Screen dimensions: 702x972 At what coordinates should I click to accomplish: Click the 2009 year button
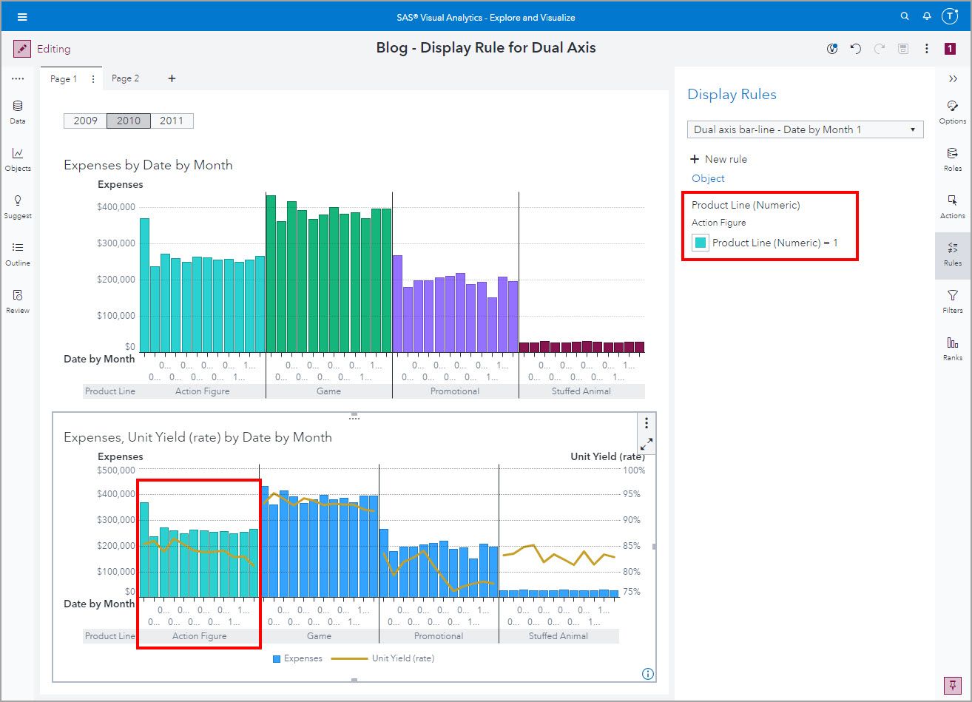coord(85,121)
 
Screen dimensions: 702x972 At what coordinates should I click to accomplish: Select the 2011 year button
coord(172,121)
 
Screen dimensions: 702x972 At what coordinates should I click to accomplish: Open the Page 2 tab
coord(125,78)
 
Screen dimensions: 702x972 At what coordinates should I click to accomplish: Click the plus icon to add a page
coord(172,78)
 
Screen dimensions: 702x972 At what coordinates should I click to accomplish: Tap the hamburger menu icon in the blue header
coord(22,17)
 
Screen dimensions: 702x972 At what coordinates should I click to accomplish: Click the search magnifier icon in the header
coord(905,16)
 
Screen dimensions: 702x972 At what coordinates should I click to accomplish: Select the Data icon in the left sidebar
coord(18,111)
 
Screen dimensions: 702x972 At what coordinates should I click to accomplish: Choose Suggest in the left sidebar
coord(18,206)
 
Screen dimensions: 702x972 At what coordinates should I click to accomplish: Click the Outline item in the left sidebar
coord(18,253)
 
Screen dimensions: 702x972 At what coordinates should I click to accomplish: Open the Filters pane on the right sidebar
coord(953,300)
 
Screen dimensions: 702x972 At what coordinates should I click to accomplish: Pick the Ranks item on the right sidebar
coord(953,348)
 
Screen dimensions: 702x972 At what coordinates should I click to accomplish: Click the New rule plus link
coord(718,159)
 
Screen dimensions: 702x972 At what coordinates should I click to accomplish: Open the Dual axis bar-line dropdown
coord(805,129)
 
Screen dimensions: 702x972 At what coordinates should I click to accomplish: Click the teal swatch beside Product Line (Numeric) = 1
coord(700,243)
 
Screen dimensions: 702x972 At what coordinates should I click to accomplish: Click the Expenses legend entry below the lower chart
coord(297,658)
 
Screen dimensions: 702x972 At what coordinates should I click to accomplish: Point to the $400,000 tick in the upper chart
coord(116,207)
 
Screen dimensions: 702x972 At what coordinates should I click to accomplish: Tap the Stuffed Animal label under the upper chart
coord(581,391)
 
